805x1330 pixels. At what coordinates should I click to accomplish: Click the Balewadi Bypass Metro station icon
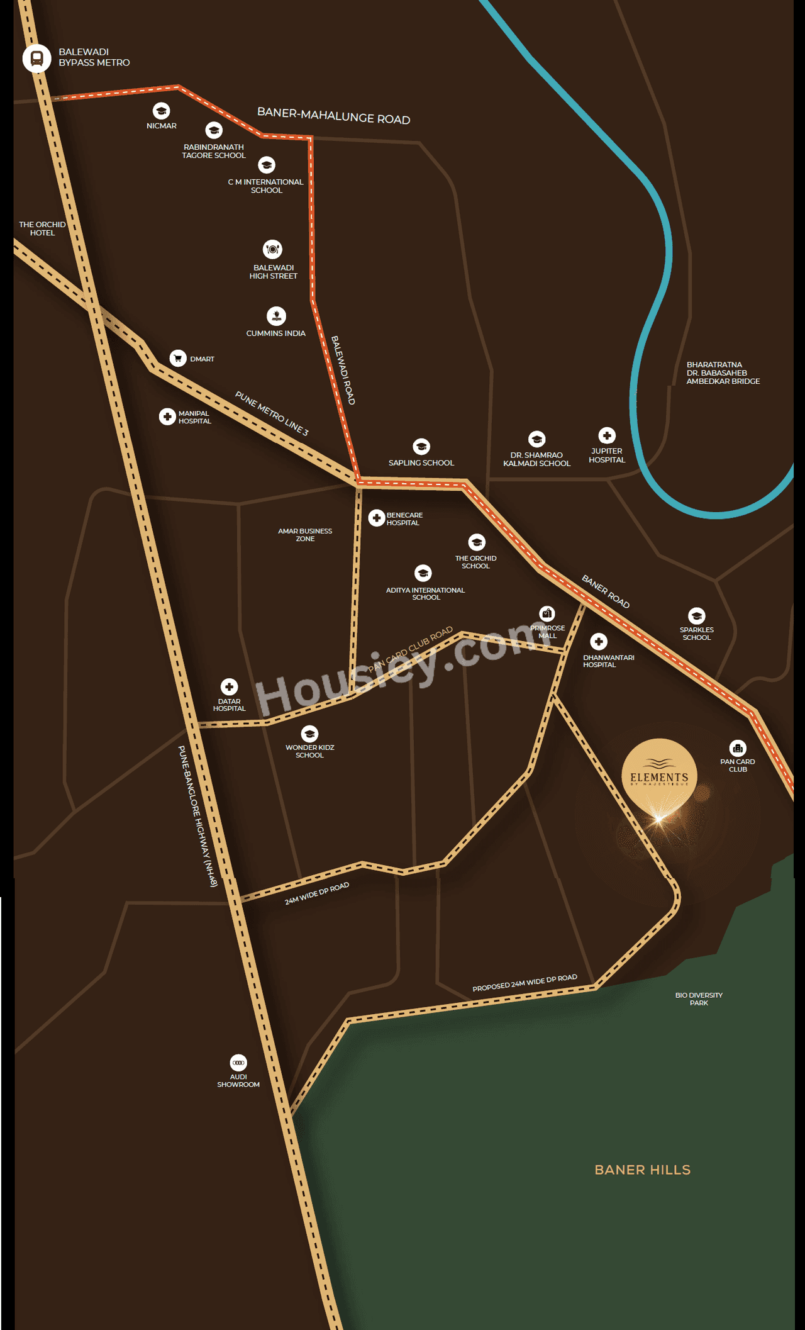36,59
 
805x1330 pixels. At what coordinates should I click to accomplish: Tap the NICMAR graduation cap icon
161,111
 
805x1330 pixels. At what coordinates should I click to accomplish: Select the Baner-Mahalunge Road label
333,116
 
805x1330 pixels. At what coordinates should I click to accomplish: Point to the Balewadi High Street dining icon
272,249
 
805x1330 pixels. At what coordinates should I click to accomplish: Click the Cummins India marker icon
276,316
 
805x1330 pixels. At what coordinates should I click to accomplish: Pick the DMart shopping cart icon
178,358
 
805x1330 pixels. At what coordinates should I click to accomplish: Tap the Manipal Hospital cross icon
167,416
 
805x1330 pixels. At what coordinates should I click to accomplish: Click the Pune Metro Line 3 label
272,413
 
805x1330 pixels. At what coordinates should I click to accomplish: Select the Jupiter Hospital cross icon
607,435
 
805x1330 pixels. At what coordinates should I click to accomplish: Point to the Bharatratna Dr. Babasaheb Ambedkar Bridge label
723,373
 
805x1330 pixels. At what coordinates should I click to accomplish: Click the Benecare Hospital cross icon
376,518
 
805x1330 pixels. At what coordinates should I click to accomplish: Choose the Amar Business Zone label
305,535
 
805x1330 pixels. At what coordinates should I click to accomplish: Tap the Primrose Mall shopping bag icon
547,613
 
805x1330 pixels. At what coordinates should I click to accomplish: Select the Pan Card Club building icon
738,748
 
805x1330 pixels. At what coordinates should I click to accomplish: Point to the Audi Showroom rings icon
238,1063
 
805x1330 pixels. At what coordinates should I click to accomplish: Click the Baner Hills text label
642,1170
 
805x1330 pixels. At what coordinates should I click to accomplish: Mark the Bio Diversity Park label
699,998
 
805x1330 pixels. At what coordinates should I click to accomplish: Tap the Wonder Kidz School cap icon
309,734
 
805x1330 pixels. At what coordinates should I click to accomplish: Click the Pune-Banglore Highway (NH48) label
197,816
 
